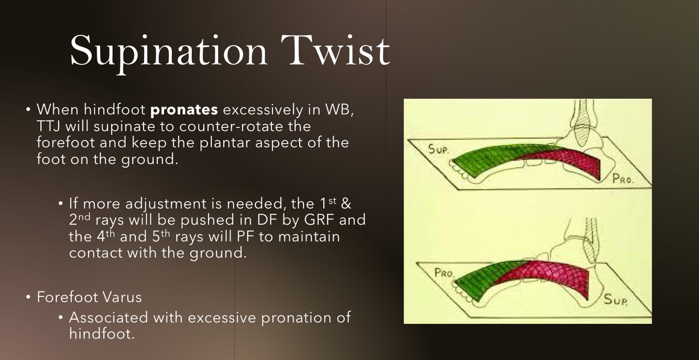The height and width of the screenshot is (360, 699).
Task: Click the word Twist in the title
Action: click(x=335, y=50)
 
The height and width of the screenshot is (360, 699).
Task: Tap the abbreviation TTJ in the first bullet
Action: click(x=48, y=126)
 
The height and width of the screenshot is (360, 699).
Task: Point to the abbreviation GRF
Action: click(x=319, y=220)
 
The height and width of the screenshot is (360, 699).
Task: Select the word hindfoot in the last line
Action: click(x=102, y=333)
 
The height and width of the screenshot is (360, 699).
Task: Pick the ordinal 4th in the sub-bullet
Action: click(x=106, y=236)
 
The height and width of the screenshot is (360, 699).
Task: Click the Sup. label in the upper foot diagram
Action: click(x=439, y=149)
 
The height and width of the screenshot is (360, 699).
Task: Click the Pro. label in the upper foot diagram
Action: click(x=623, y=179)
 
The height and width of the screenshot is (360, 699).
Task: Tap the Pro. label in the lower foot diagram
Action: click(x=444, y=273)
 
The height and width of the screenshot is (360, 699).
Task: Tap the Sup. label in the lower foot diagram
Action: click(x=615, y=299)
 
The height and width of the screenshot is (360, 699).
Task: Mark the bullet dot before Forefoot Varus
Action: click(x=28, y=297)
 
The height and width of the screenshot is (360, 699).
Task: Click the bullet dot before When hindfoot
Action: click(x=28, y=110)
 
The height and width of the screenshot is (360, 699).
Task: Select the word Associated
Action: click(x=108, y=318)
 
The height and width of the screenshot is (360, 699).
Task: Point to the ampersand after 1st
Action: click(x=346, y=203)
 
